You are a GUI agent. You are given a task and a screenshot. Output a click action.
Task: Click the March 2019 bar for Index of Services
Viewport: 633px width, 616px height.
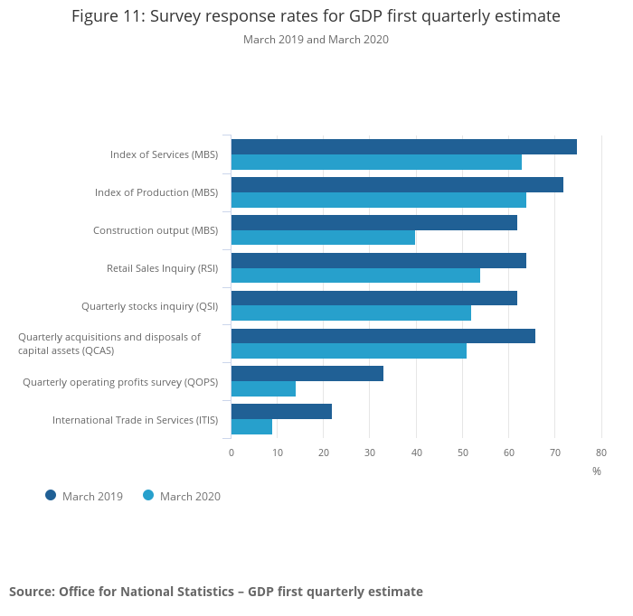[x=403, y=147]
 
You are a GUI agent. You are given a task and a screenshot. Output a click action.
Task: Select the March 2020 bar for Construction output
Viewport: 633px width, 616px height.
[x=323, y=238]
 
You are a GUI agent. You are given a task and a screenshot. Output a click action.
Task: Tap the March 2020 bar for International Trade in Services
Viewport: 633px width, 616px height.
[x=251, y=427]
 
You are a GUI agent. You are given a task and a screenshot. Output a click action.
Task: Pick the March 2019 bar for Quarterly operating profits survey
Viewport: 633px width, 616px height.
[x=307, y=374]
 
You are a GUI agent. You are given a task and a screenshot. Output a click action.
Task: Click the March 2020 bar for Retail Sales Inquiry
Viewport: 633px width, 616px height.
[x=355, y=275]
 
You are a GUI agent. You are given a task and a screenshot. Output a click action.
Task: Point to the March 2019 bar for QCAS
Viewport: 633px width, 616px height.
[x=383, y=336]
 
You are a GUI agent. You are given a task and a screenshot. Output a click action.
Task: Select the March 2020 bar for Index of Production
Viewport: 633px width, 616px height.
[x=378, y=200]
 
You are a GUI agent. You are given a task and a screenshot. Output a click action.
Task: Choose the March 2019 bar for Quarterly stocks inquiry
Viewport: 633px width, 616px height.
[x=373, y=298]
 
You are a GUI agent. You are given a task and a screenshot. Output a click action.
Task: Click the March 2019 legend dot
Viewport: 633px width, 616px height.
[x=51, y=495]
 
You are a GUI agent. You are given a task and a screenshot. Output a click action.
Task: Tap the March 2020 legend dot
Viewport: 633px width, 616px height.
[x=148, y=495]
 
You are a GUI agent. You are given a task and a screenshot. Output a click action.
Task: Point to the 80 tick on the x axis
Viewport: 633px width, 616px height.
[x=601, y=453]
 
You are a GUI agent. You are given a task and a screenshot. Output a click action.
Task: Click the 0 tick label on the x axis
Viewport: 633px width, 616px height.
[x=231, y=453]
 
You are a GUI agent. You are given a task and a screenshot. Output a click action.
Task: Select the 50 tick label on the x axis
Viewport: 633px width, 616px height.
[x=462, y=453]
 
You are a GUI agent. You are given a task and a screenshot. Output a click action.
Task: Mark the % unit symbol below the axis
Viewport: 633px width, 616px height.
[x=597, y=471]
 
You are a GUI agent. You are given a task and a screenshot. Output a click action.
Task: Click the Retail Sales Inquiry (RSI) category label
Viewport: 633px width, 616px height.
[x=162, y=268]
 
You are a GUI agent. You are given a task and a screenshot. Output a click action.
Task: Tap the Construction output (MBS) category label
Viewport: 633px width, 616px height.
[x=156, y=230]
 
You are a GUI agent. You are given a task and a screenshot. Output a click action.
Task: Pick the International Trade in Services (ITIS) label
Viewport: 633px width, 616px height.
[x=135, y=420]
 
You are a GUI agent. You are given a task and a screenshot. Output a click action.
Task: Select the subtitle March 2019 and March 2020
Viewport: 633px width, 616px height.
[x=316, y=40]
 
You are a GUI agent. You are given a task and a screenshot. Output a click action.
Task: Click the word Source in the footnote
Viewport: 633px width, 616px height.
[x=31, y=592]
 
